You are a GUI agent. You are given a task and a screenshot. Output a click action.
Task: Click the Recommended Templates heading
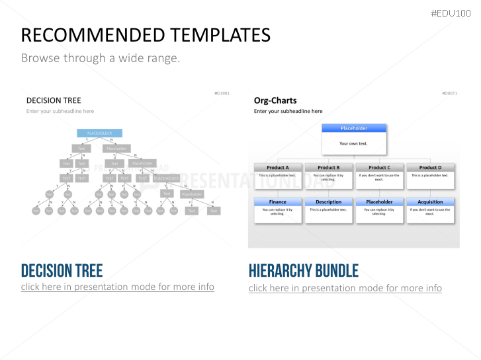click(146, 35)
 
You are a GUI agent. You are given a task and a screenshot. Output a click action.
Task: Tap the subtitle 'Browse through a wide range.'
click(101, 58)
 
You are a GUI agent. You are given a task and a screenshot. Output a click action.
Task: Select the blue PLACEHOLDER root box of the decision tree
click(100, 133)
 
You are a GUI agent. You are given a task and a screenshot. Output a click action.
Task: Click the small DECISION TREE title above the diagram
click(54, 100)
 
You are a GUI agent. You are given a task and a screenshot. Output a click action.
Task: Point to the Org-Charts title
click(275, 100)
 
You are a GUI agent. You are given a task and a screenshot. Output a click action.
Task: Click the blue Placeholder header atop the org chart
click(353, 128)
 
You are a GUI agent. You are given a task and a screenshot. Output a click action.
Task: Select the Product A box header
click(278, 168)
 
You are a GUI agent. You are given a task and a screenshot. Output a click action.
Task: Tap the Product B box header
click(328, 168)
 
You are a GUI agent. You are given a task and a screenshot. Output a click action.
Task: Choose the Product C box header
click(379, 168)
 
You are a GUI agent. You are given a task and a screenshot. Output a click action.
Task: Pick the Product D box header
click(430, 168)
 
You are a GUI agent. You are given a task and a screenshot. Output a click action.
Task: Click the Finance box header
click(278, 201)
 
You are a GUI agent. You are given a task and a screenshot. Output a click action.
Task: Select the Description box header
click(328, 201)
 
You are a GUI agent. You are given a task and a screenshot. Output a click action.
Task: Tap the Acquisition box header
click(430, 201)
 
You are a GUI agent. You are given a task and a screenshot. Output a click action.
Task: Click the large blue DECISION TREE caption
click(62, 270)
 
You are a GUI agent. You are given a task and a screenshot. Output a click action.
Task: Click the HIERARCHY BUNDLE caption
click(304, 270)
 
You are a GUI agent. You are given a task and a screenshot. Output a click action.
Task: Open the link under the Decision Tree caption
click(118, 287)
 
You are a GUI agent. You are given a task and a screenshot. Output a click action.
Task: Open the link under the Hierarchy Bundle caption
click(345, 288)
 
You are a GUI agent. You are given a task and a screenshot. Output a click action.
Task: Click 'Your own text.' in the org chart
click(353, 143)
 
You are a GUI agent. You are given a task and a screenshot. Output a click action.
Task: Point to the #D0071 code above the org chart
click(449, 93)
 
